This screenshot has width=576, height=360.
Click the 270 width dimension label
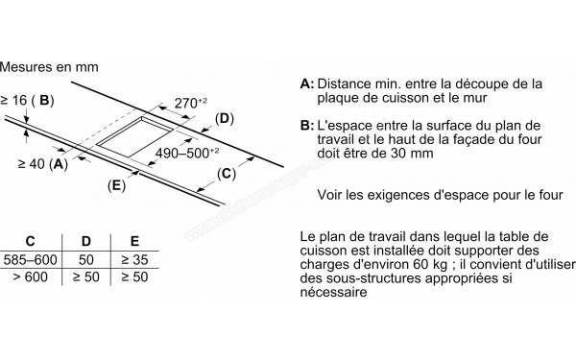[x=191, y=104]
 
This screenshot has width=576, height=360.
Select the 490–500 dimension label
[x=187, y=153]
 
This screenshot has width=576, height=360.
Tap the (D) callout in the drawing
[x=224, y=119]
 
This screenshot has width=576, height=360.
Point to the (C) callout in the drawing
[x=227, y=174]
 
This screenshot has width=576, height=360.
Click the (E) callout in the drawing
[x=116, y=185]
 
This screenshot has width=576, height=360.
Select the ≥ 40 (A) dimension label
[x=43, y=164]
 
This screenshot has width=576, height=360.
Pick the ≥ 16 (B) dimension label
[x=27, y=100]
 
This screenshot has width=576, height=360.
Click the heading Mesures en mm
[x=49, y=67]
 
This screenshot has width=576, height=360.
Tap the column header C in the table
[x=30, y=241]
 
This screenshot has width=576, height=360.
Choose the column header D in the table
[x=85, y=241]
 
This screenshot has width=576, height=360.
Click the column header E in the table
[x=134, y=241]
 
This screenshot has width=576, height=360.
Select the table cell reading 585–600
[x=30, y=260]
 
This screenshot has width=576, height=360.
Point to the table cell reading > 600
[x=30, y=276]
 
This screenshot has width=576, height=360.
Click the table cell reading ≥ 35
[x=134, y=260]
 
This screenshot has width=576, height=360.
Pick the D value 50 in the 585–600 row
[x=86, y=260]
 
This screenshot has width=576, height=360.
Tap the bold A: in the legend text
[x=307, y=84]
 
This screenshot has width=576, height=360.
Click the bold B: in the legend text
[x=307, y=126]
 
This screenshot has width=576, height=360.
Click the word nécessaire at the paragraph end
[x=333, y=293]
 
